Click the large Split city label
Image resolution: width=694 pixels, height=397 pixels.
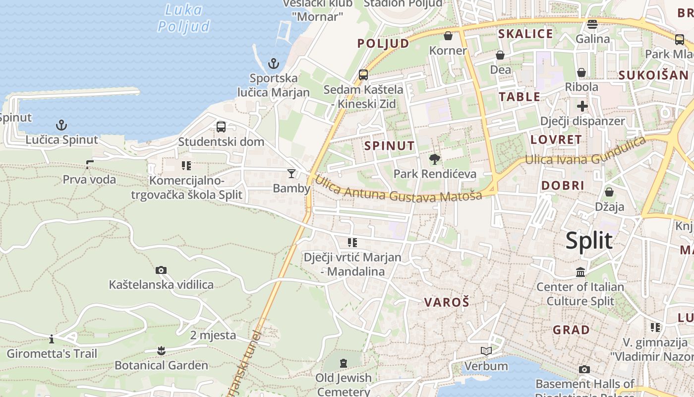click(589, 241)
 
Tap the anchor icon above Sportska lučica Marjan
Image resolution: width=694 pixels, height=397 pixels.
click(273, 64)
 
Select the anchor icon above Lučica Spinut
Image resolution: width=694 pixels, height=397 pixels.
click(61, 125)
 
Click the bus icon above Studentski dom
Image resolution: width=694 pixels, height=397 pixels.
click(221, 127)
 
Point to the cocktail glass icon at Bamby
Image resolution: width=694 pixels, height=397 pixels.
click(291, 173)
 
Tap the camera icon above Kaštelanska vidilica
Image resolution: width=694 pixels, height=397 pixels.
click(161, 270)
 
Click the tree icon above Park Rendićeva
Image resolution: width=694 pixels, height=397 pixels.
click(435, 159)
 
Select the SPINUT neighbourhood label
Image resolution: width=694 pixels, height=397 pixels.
click(389, 146)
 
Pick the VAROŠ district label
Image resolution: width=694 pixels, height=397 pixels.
click(447, 302)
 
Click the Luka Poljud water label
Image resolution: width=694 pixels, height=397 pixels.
click(184, 18)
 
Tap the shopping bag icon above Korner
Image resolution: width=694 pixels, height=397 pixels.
click(448, 36)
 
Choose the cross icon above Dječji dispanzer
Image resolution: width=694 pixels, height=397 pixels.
click(582, 106)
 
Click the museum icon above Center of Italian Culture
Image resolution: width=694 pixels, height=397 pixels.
click(580, 272)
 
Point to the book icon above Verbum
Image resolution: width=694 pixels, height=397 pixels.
click(486, 351)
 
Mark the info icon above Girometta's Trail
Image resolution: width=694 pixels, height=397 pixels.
click(52, 339)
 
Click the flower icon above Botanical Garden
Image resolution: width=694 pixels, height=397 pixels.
click(161, 351)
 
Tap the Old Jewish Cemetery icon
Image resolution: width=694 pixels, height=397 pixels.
click(344, 363)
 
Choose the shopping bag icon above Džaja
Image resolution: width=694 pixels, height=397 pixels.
click(609, 192)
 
